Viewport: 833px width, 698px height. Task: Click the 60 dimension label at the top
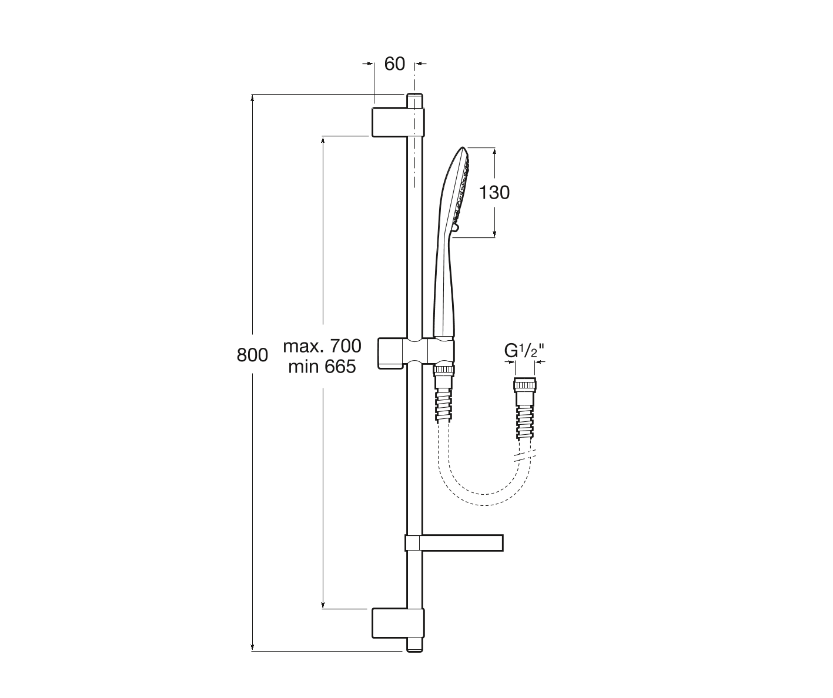coord(394,64)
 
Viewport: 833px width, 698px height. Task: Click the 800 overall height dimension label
coord(252,355)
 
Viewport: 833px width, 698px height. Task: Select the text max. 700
coord(322,346)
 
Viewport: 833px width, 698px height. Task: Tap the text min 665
coord(322,367)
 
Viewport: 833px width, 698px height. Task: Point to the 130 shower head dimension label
coord(494,193)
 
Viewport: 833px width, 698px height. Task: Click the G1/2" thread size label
coord(524,351)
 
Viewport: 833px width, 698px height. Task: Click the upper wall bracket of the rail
coord(398,122)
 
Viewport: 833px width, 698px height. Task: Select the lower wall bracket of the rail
coord(398,623)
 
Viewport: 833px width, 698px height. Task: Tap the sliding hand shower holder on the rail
coord(416,352)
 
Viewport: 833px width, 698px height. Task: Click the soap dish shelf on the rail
coord(454,543)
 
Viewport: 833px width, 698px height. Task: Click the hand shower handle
coord(443,287)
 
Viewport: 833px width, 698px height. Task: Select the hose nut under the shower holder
coord(443,370)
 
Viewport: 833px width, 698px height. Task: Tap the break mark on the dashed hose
coord(524,456)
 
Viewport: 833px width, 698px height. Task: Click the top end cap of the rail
coord(414,100)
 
